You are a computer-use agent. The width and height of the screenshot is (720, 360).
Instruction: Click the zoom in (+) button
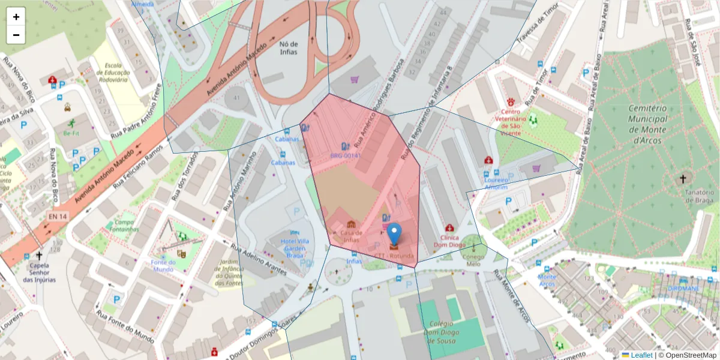click(x=16, y=17)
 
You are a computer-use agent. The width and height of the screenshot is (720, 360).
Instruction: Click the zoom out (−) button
click(x=16, y=35)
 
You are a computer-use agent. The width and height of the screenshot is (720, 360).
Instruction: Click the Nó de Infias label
click(x=289, y=47)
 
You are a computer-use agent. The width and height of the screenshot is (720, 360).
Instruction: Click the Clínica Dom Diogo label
click(x=449, y=241)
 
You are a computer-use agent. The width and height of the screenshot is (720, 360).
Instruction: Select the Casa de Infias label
click(x=351, y=236)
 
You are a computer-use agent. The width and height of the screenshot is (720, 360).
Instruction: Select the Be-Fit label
click(x=72, y=133)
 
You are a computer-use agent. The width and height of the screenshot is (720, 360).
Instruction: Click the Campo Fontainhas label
click(x=124, y=226)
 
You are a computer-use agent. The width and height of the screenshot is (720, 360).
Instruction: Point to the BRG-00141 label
click(x=346, y=156)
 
